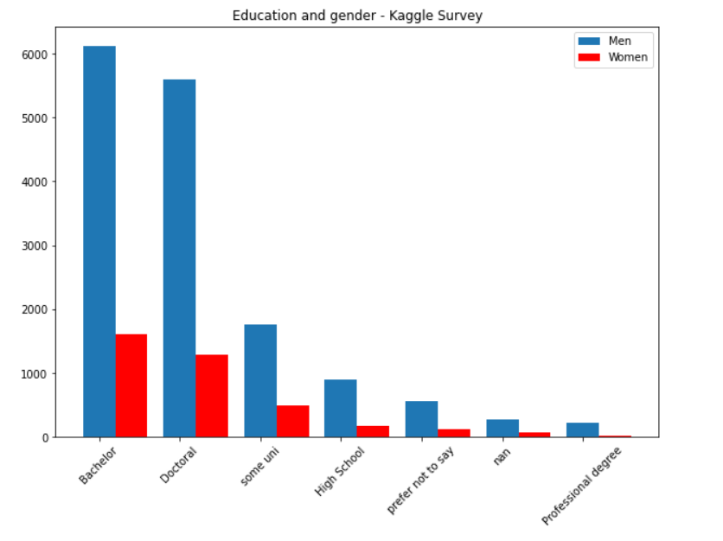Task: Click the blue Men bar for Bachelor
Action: coord(99,242)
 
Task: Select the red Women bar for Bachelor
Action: coord(131,385)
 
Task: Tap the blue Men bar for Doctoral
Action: coord(180,258)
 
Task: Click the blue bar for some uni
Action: coord(260,380)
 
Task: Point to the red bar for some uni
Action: coord(292,421)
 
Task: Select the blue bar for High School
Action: coord(341,408)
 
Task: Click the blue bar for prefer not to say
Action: coord(421,419)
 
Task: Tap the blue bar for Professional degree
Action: coord(582,430)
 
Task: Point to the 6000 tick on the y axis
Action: coord(40,54)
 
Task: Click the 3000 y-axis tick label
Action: coord(40,245)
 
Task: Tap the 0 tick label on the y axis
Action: coord(47,437)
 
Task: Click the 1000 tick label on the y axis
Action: coord(40,373)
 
